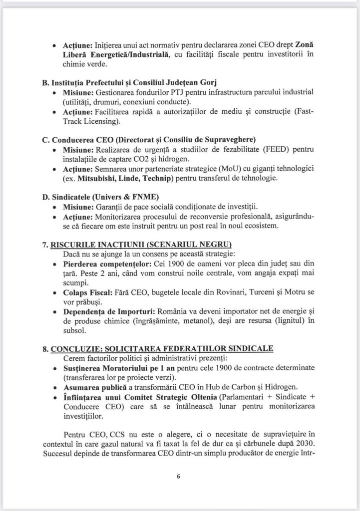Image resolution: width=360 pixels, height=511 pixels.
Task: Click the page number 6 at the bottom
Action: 178,476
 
